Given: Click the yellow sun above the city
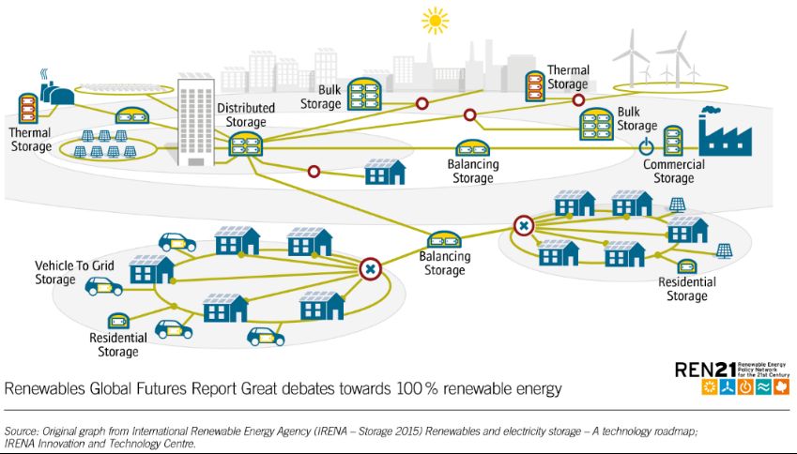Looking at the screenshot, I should (x=435, y=20).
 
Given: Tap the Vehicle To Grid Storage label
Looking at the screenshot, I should (x=74, y=273).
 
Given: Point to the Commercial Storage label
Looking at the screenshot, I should (x=673, y=172).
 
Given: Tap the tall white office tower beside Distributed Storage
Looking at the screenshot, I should (x=196, y=123).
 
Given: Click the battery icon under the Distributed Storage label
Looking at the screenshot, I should (x=245, y=144).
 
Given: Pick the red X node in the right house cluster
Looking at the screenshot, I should (x=524, y=225).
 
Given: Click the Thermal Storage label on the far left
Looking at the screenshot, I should (x=31, y=140).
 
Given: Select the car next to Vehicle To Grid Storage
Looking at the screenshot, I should (x=103, y=286).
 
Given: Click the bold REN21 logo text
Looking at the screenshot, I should (x=703, y=370).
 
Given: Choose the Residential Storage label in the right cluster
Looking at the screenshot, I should (x=687, y=289).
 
